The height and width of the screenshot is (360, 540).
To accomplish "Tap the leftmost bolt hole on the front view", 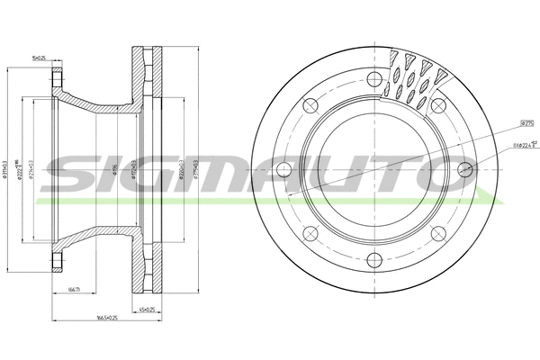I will (x=283, y=169).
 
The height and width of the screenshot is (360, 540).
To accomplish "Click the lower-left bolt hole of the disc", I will (x=310, y=235).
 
